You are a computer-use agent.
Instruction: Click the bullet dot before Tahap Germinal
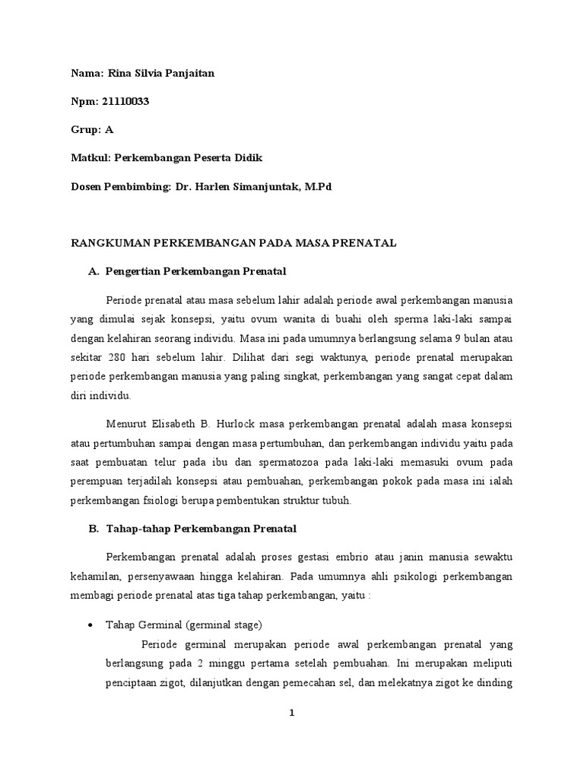tap(91, 625)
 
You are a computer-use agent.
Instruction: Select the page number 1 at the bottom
tap(291, 713)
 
